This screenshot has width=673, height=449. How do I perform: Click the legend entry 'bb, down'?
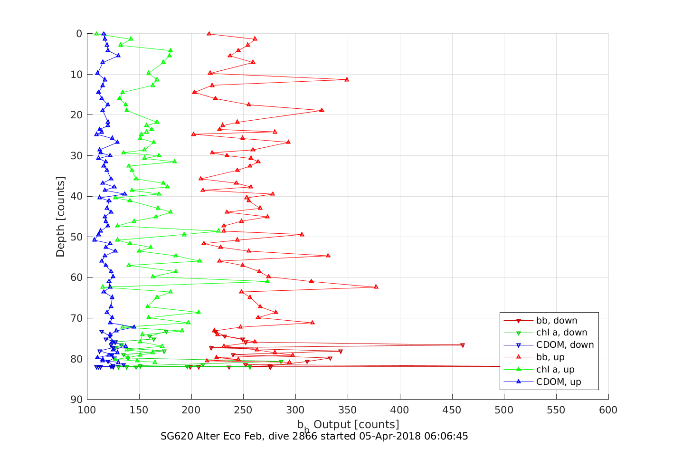[556, 321]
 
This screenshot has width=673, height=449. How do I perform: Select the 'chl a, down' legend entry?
[561, 333]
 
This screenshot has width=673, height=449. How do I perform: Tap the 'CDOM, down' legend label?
[565, 345]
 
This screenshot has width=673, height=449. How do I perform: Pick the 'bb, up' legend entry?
[550, 357]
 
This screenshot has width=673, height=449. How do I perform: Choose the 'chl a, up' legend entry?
[555, 370]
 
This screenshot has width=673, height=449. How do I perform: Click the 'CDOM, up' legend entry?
[559, 382]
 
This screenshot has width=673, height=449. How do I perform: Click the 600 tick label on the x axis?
[608, 410]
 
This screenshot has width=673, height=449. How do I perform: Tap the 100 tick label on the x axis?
[87, 410]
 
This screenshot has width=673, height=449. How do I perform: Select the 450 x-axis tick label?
[452, 410]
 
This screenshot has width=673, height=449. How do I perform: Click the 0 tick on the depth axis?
[79, 34]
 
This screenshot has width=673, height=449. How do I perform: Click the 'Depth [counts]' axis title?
[60, 217]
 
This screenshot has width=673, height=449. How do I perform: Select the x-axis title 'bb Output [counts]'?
[348, 425]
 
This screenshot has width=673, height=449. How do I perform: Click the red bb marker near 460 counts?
[463, 345]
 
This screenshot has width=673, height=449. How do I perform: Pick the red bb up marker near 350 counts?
[347, 79]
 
